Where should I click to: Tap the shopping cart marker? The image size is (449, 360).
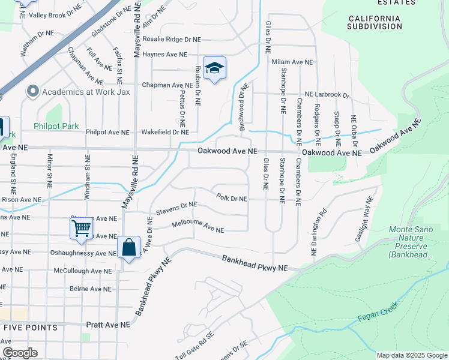80,228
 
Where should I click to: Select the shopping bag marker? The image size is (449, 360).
128,247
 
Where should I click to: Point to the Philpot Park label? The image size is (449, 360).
56,126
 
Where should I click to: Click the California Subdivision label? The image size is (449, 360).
375,22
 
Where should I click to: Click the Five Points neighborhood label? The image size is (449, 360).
30,328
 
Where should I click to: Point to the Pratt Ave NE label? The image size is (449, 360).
109,325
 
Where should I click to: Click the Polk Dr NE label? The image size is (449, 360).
232,198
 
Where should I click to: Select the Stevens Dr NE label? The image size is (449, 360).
176,208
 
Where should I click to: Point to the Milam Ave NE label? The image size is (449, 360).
292,62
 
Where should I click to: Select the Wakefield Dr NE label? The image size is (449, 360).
165,132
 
